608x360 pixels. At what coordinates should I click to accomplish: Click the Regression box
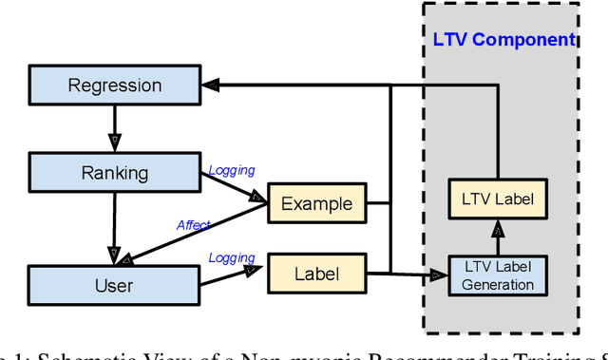click(114, 85)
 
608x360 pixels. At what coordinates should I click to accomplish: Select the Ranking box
click(114, 173)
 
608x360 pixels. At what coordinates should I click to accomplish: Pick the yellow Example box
click(316, 203)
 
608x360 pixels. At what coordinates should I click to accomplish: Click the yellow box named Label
click(316, 274)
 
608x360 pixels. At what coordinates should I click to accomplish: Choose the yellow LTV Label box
click(498, 200)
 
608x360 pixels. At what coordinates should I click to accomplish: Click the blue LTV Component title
click(503, 40)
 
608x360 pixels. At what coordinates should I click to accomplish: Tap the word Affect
click(193, 225)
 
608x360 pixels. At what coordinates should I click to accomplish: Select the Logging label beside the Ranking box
click(232, 171)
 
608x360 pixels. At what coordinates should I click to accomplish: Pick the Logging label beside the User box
click(232, 257)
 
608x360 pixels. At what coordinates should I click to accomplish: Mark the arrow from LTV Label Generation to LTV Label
click(498, 237)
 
